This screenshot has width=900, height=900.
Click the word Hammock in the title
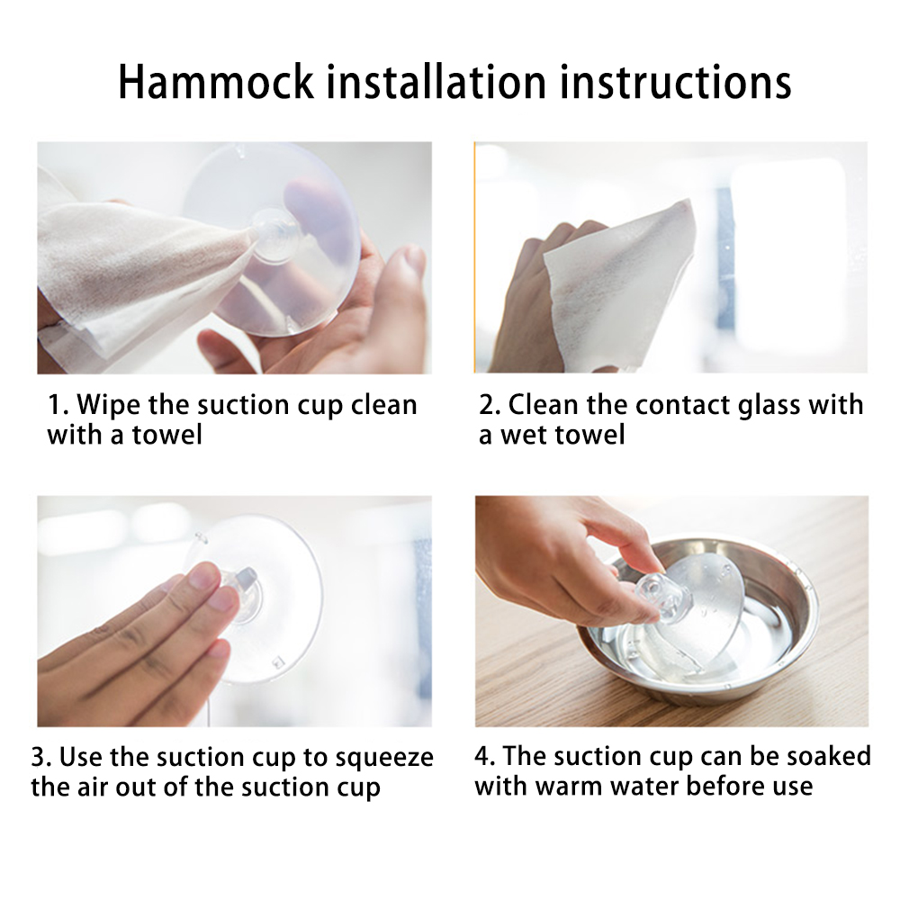[x=216, y=82]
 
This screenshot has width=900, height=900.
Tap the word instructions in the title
[x=675, y=82]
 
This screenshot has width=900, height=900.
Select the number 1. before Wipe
[x=58, y=405]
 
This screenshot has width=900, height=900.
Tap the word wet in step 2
[x=526, y=435]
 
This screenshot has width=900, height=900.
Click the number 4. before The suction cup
[x=485, y=757]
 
